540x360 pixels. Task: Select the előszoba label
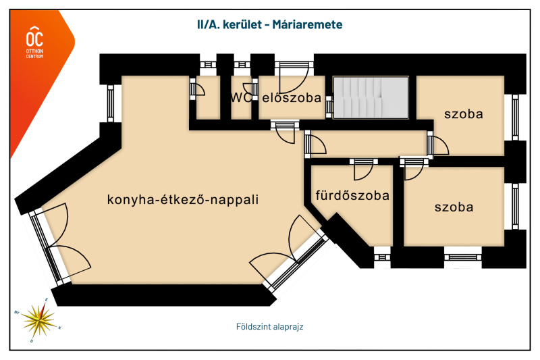pos(292,97)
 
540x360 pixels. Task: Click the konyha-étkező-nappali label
pos(183,200)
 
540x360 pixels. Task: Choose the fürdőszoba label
pos(352,196)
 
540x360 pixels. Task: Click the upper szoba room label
pos(463,114)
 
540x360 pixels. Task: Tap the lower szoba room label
pos(454,207)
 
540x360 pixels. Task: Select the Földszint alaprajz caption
pos(269,326)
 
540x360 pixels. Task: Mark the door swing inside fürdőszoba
pos(362,172)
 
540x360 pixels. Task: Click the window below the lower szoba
pos(463,256)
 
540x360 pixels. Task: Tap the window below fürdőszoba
pos(382,257)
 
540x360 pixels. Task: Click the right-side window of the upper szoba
pos(515,118)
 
